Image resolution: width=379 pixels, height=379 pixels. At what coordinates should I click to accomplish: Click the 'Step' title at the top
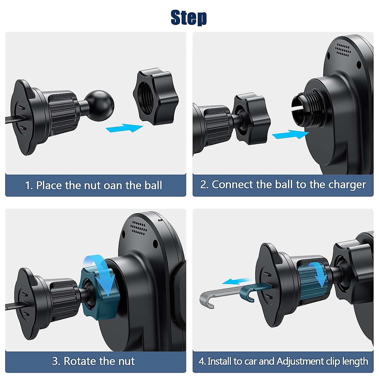coord(189,18)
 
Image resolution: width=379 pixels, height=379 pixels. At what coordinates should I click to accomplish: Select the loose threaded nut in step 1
coord(156,96)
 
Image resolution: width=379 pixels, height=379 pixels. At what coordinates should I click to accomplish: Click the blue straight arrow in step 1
coord(124,128)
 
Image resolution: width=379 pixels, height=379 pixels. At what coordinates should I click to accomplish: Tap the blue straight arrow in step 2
coord(291,134)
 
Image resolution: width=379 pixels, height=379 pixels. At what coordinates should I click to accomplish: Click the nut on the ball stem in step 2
coord(252,119)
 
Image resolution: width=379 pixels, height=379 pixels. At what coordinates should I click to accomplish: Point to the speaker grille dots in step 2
coord(343,50)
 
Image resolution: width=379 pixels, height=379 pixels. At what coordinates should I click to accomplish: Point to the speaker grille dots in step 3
coord(138,228)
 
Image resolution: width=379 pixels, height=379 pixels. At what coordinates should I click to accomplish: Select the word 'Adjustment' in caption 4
coord(300,362)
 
